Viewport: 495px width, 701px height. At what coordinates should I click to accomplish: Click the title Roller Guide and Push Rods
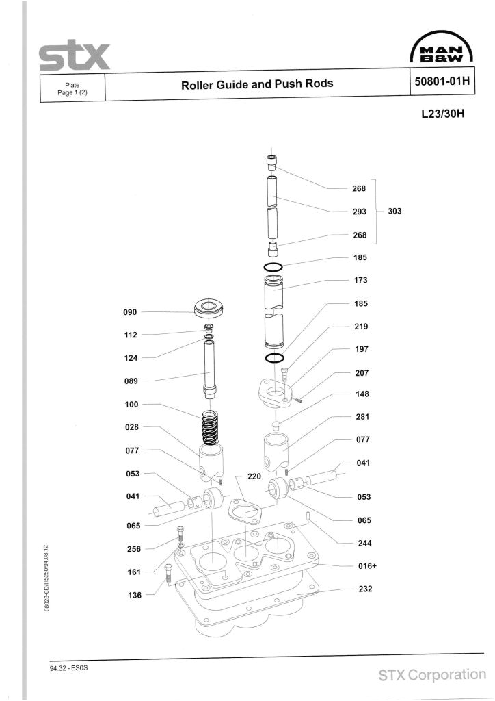pyautogui.click(x=256, y=84)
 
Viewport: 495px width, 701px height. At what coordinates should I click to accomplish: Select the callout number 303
pyautogui.click(x=394, y=212)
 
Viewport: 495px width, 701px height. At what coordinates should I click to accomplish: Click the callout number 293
pyautogui.click(x=360, y=212)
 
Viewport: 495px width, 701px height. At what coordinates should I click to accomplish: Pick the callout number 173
pyautogui.click(x=361, y=280)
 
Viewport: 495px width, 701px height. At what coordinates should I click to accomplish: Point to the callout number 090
pyautogui.click(x=130, y=312)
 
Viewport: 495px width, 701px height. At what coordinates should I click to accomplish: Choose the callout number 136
pyautogui.click(x=133, y=595)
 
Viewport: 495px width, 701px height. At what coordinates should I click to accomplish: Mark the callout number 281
pyautogui.click(x=362, y=417)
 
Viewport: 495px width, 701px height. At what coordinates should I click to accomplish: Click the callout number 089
pyautogui.click(x=131, y=381)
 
